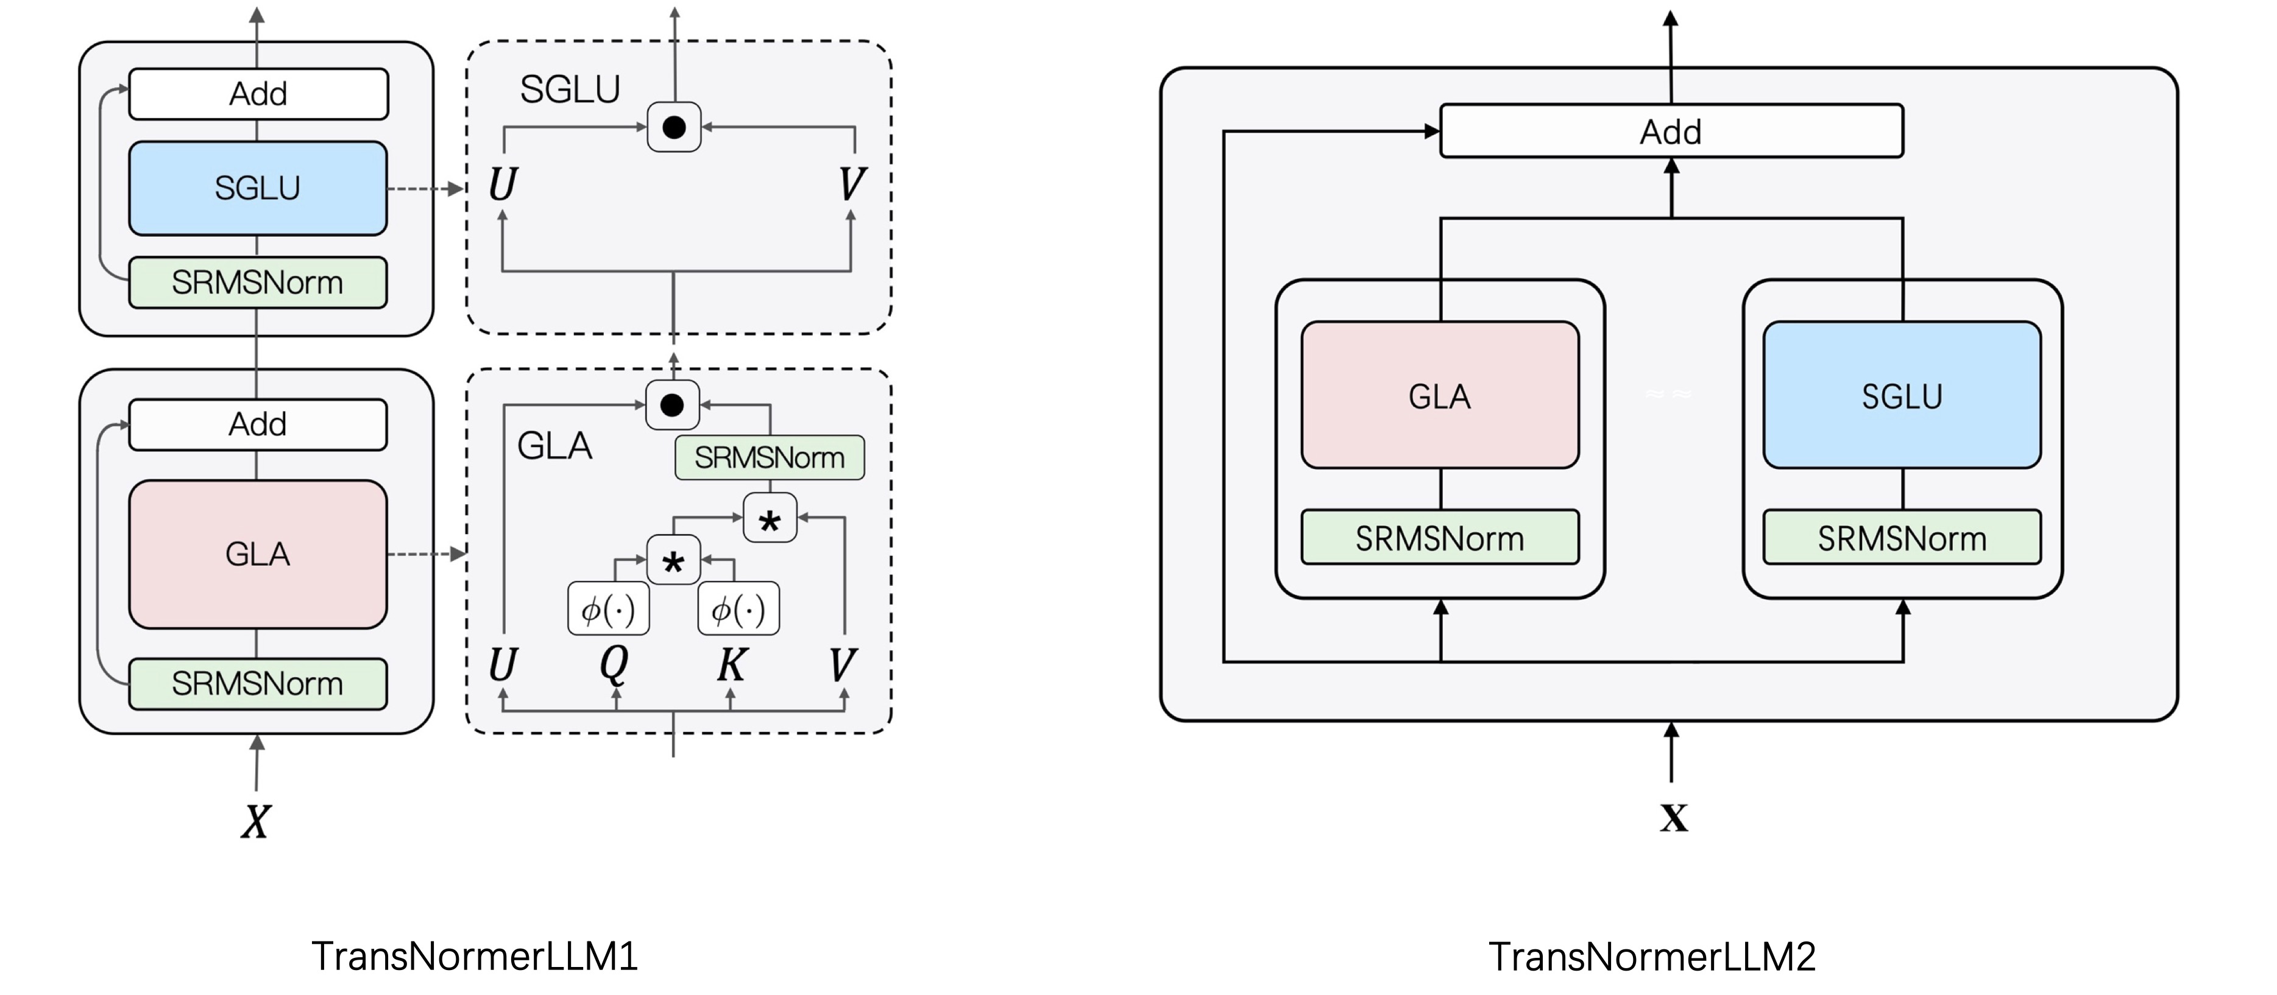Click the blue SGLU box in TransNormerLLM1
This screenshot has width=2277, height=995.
click(x=257, y=188)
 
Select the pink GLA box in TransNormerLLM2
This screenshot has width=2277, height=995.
click(x=1440, y=395)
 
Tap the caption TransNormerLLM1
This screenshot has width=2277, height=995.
click(x=475, y=956)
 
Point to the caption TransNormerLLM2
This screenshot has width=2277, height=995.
click(x=1652, y=956)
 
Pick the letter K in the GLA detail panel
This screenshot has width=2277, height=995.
click(x=731, y=664)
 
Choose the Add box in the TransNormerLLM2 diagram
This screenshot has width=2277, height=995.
click(x=1671, y=132)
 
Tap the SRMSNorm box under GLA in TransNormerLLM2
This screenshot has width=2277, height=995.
click(x=1440, y=537)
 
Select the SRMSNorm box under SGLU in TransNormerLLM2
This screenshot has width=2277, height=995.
click(x=1901, y=537)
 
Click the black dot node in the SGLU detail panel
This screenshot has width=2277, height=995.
click(x=673, y=127)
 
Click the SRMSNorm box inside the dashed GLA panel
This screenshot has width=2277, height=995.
click(x=769, y=457)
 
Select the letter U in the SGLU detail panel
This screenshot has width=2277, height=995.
click(x=502, y=185)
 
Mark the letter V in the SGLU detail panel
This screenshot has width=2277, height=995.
click(x=851, y=185)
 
